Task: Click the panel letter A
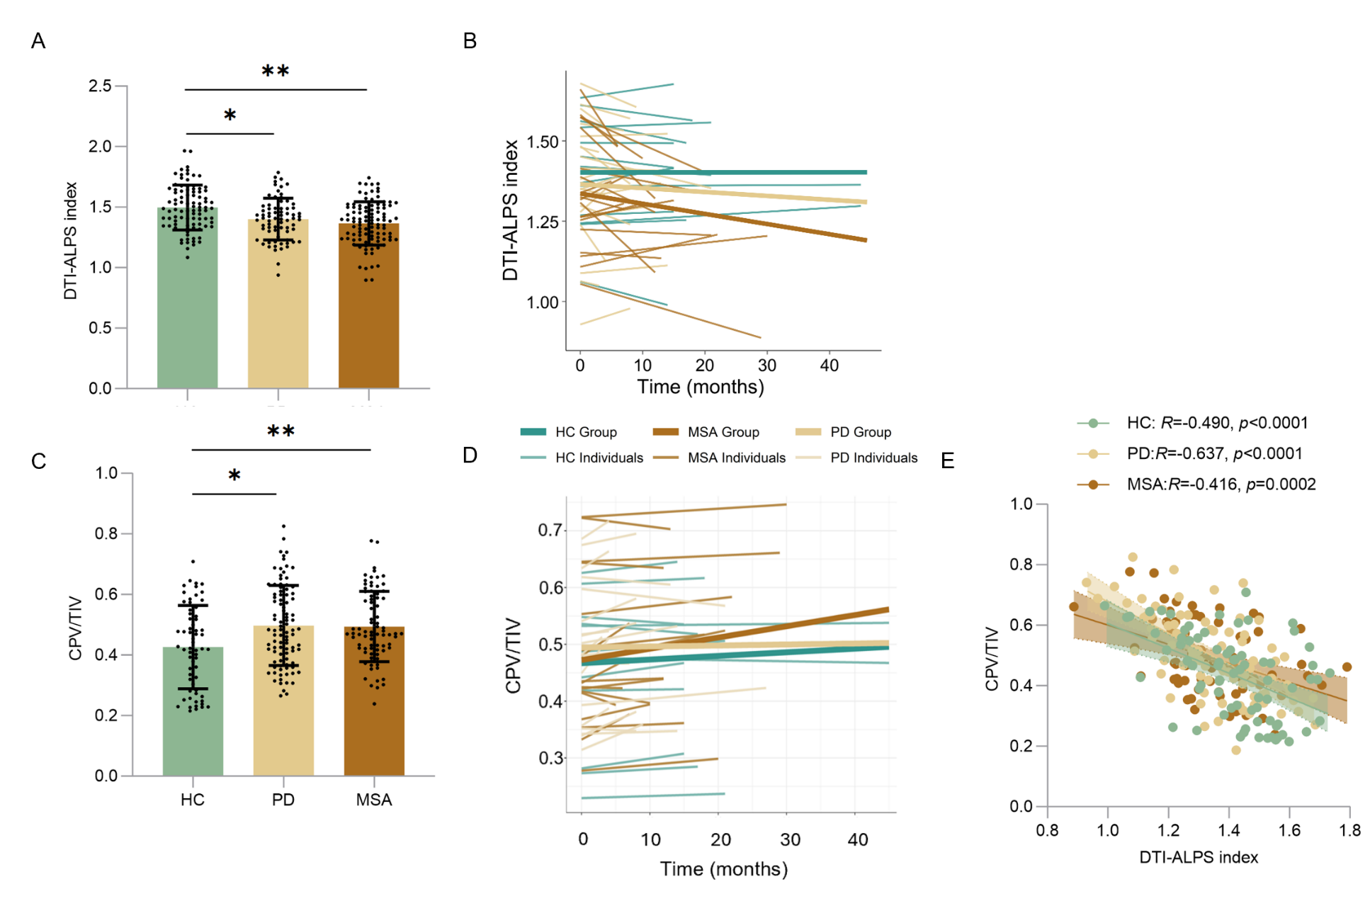pyautogui.click(x=38, y=41)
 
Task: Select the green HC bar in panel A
pyautogui.click(x=187, y=297)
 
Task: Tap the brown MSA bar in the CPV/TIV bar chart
pyautogui.click(x=374, y=701)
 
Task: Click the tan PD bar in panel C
pyautogui.click(x=283, y=701)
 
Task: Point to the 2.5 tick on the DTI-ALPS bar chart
pyautogui.click(x=100, y=86)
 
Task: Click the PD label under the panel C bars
pyautogui.click(x=283, y=800)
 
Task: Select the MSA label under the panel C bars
pyautogui.click(x=374, y=800)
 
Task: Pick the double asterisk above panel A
pyautogui.click(x=276, y=71)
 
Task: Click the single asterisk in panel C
pyautogui.click(x=234, y=475)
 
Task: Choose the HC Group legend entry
pyautogui.click(x=569, y=432)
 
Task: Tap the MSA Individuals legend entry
pyautogui.click(x=719, y=458)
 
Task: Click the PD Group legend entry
pyautogui.click(x=843, y=432)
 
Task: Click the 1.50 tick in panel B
pyautogui.click(x=543, y=142)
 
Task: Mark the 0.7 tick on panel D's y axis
pyautogui.click(x=550, y=530)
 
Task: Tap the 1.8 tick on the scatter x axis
pyautogui.click(x=1350, y=830)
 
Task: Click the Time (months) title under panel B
pyautogui.click(x=701, y=387)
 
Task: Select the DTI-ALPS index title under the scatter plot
pyautogui.click(x=1199, y=857)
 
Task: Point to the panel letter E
pyautogui.click(x=947, y=461)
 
